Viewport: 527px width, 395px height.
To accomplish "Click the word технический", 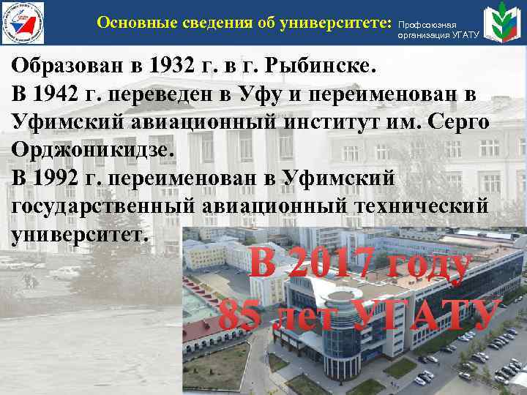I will [420, 206].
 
